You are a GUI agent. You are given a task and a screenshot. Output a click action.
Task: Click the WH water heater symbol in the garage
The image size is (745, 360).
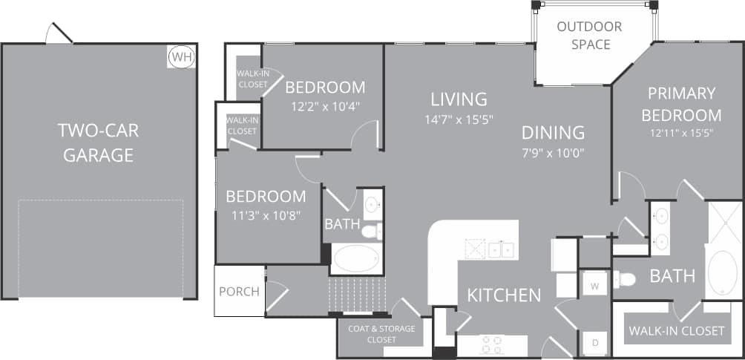point(180,57)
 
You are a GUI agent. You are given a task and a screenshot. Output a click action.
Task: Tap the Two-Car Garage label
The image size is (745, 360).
point(98,143)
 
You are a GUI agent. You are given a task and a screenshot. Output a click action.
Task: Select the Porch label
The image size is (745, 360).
point(239,291)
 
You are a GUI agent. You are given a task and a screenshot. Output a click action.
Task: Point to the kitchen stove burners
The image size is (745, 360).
point(491,344)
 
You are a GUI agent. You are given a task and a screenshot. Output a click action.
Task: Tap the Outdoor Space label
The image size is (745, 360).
point(590,36)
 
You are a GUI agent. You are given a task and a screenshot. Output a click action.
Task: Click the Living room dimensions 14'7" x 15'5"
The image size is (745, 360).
point(460,119)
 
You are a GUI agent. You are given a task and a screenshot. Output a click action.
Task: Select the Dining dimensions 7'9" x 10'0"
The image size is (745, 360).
point(553,154)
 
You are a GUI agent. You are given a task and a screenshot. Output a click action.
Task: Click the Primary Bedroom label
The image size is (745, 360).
point(681,104)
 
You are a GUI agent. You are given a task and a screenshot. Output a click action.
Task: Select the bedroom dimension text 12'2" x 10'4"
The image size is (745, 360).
point(325,105)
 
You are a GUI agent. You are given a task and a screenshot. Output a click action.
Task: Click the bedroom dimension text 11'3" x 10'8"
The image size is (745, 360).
point(266,217)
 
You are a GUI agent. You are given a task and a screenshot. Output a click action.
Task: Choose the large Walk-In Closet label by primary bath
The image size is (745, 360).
point(676,330)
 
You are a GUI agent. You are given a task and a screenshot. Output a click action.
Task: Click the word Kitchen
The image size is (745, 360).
point(504,295)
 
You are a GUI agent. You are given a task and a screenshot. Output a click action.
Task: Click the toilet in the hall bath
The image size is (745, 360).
point(370,232)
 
